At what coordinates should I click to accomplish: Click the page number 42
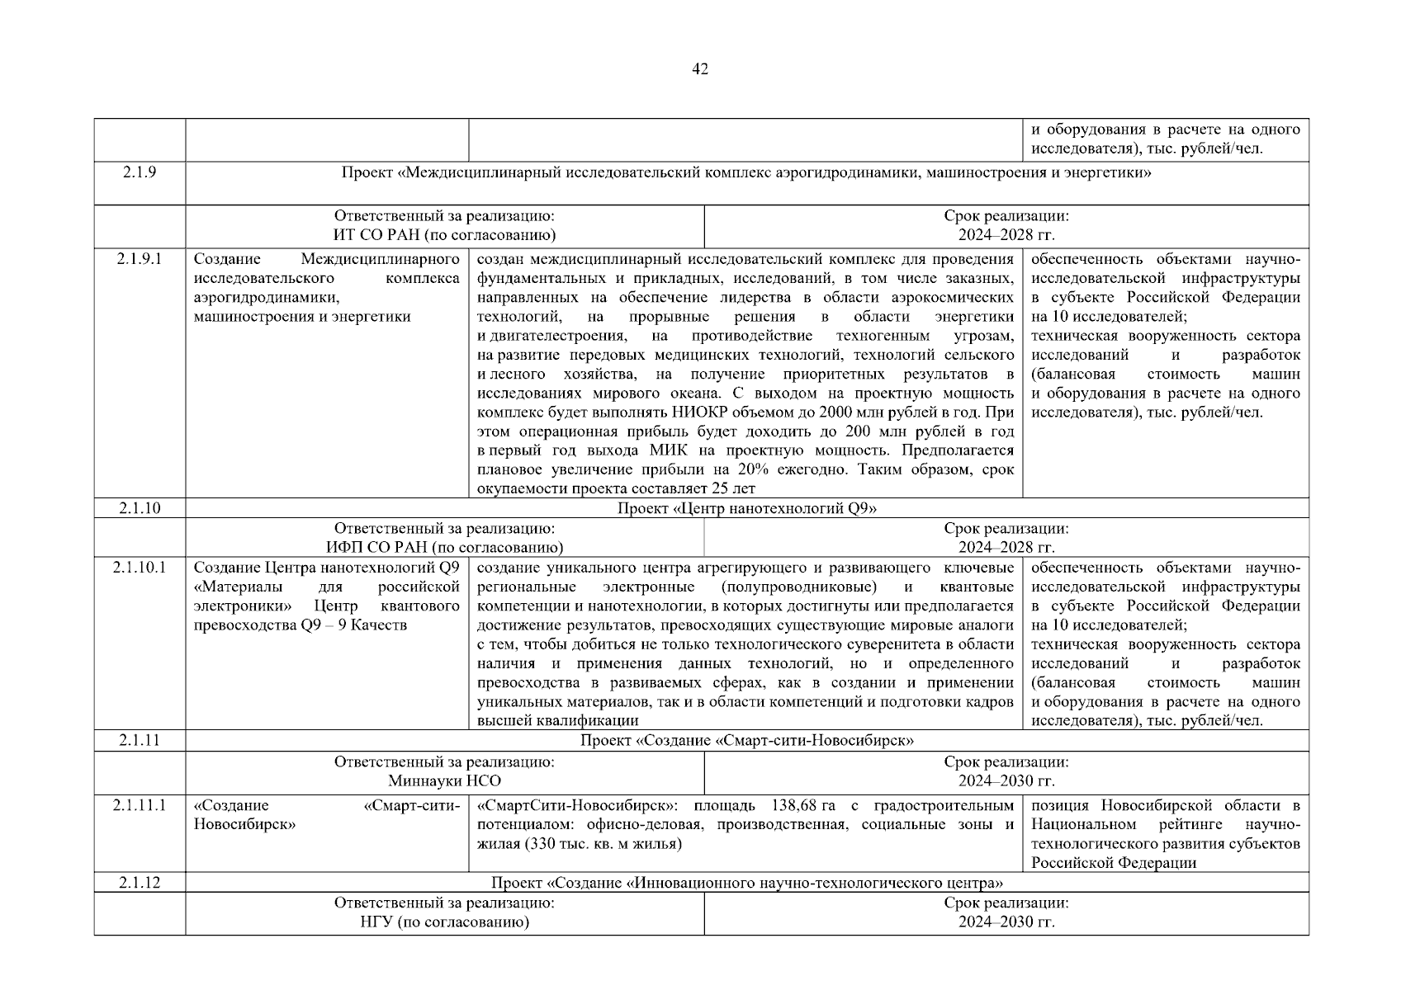700,69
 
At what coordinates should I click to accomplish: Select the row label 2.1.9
140,172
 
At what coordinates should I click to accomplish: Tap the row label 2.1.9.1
140,260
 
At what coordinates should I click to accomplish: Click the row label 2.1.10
140,508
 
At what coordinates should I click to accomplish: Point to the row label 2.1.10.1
140,568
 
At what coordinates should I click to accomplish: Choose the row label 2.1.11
140,740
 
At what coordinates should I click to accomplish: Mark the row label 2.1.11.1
140,806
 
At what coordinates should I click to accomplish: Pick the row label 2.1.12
140,883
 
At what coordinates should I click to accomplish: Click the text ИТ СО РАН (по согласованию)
444,235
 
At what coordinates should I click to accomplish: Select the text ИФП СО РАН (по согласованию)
444,547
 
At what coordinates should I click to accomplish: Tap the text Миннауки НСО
444,780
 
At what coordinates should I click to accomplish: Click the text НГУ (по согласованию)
444,922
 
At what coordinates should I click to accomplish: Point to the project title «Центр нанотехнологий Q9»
746,508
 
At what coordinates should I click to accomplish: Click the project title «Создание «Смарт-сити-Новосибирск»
746,740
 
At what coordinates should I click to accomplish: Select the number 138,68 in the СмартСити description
794,806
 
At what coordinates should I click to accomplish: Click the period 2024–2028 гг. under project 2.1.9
1006,235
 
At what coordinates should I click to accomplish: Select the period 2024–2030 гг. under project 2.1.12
1006,922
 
